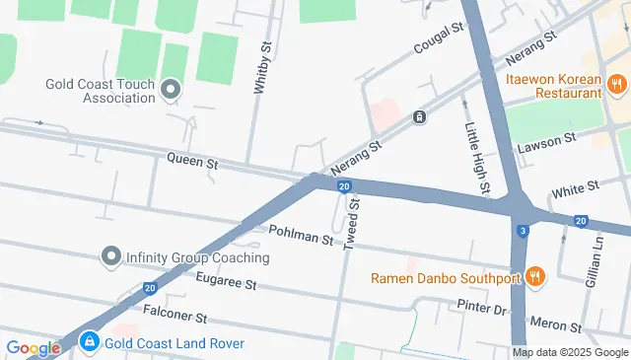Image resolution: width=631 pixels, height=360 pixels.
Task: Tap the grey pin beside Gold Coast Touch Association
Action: tap(170, 91)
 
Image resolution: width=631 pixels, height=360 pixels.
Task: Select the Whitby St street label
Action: tap(261, 68)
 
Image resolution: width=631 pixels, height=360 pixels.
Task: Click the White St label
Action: tap(576, 185)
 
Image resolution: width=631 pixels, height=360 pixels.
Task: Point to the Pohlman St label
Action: tap(300, 237)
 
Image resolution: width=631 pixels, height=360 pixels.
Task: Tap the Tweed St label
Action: tap(352, 224)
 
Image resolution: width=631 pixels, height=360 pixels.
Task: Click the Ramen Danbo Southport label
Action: tap(445, 277)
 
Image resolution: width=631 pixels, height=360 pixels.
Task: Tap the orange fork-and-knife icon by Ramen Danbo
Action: tap(535, 277)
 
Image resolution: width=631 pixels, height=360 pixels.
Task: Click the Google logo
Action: tap(33, 347)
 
